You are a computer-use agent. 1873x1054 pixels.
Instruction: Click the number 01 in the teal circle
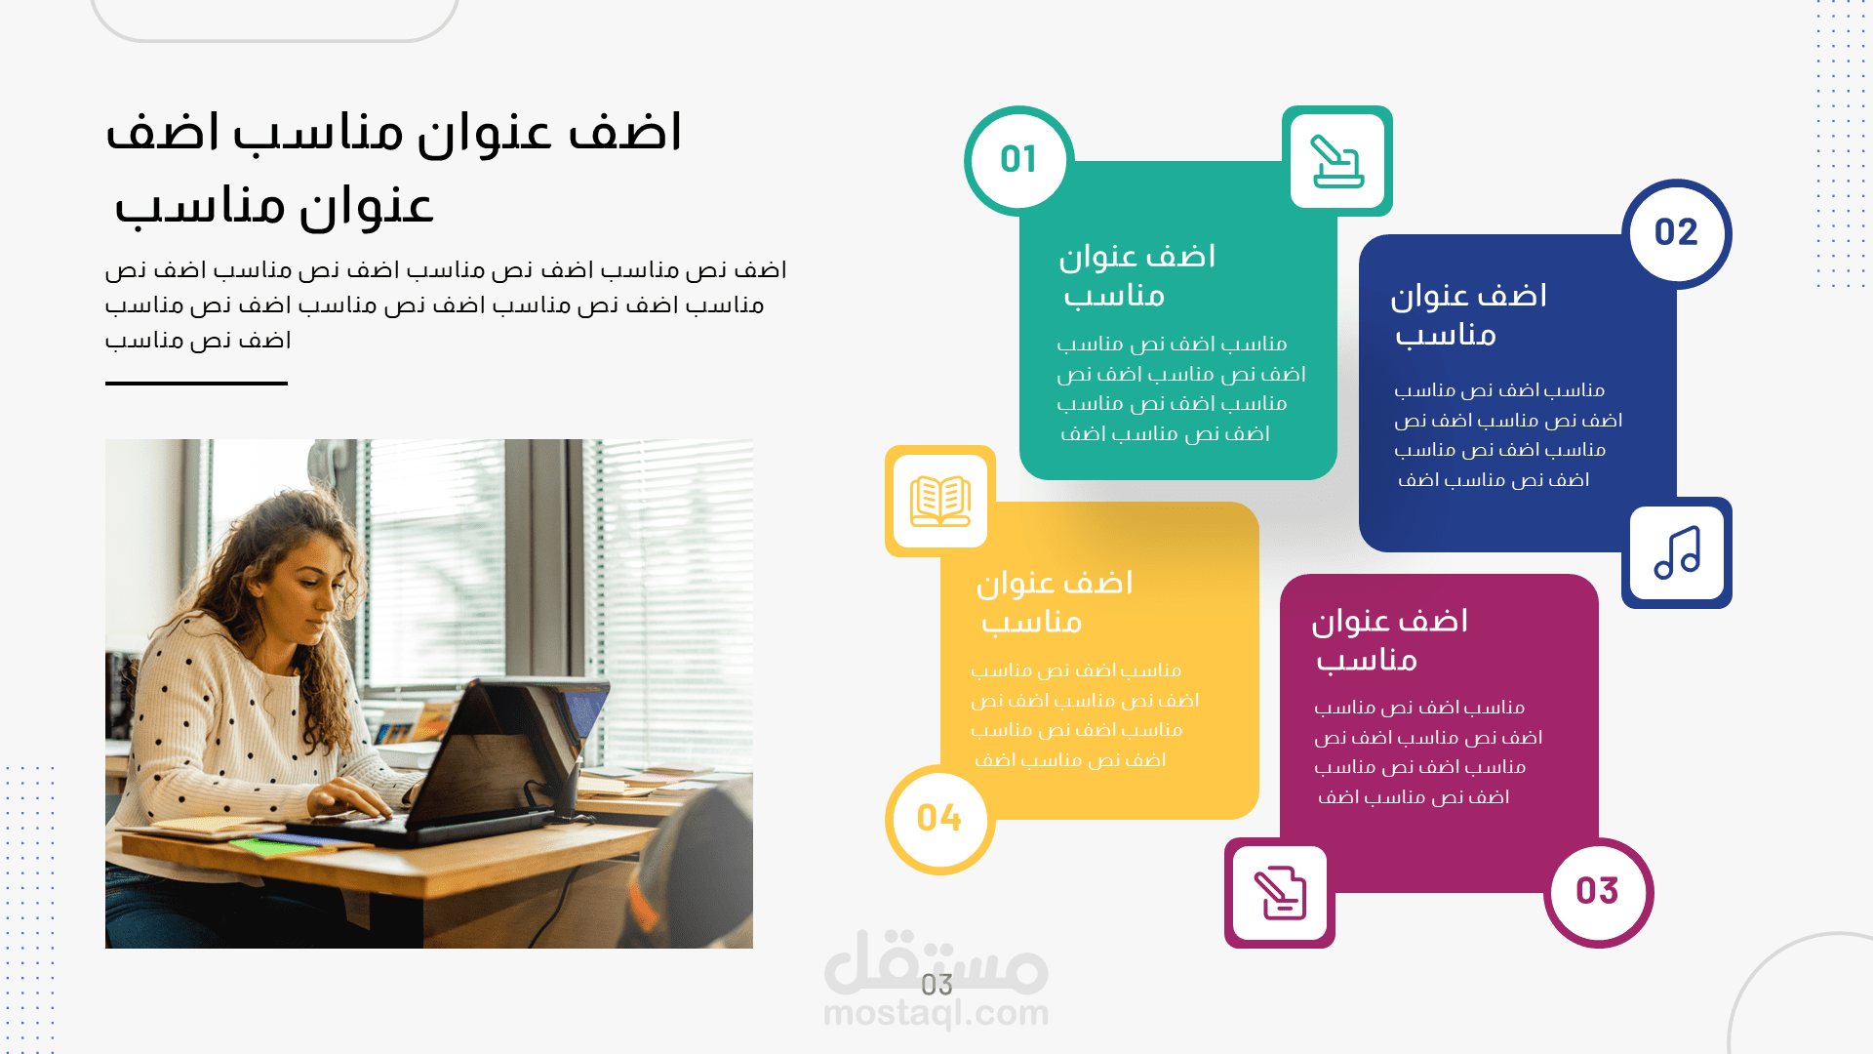tap(1018, 159)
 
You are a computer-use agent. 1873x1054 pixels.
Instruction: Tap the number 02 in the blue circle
tap(1676, 232)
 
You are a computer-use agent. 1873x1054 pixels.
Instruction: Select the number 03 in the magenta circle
tap(1597, 891)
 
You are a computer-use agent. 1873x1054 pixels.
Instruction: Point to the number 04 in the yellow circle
tap(939, 818)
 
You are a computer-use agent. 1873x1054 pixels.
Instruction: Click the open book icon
tap(939, 501)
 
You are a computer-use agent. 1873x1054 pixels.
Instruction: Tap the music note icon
tap(1677, 552)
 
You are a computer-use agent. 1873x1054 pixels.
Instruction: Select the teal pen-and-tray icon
tap(1336, 161)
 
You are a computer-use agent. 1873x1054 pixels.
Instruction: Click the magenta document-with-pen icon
tap(1280, 893)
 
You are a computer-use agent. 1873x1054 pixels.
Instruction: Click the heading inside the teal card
tap(1137, 275)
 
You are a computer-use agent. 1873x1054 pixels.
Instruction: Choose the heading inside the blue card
tap(1468, 315)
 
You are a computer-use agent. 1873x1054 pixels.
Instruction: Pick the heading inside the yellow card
tap(1055, 602)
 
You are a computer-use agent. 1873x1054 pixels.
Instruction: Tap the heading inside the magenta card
tap(1389, 640)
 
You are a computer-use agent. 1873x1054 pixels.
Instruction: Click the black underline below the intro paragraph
tap(196, 384)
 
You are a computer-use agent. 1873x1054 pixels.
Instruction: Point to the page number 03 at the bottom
tap(936, 985)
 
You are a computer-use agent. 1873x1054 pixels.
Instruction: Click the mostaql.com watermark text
tap(936, 1014)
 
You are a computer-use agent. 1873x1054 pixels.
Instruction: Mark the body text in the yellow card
tap(1084, 715)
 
